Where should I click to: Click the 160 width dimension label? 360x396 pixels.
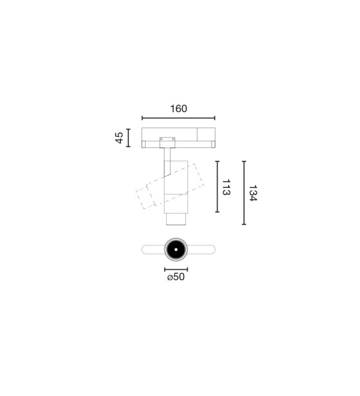click(179, 109)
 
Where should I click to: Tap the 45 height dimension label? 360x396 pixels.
click(119, 137)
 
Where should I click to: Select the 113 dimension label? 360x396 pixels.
click(226, 187)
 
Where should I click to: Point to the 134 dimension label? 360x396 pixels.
click(253, 193)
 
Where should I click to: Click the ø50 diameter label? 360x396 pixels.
click(176, 277)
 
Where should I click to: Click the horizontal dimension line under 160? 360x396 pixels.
click(178, 118)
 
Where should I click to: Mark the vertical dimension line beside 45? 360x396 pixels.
click(128, 137)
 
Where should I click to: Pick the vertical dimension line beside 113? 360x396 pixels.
click(217, 187)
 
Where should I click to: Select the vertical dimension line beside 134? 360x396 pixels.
click(244, 193)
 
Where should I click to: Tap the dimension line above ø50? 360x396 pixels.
click(176, 269)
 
